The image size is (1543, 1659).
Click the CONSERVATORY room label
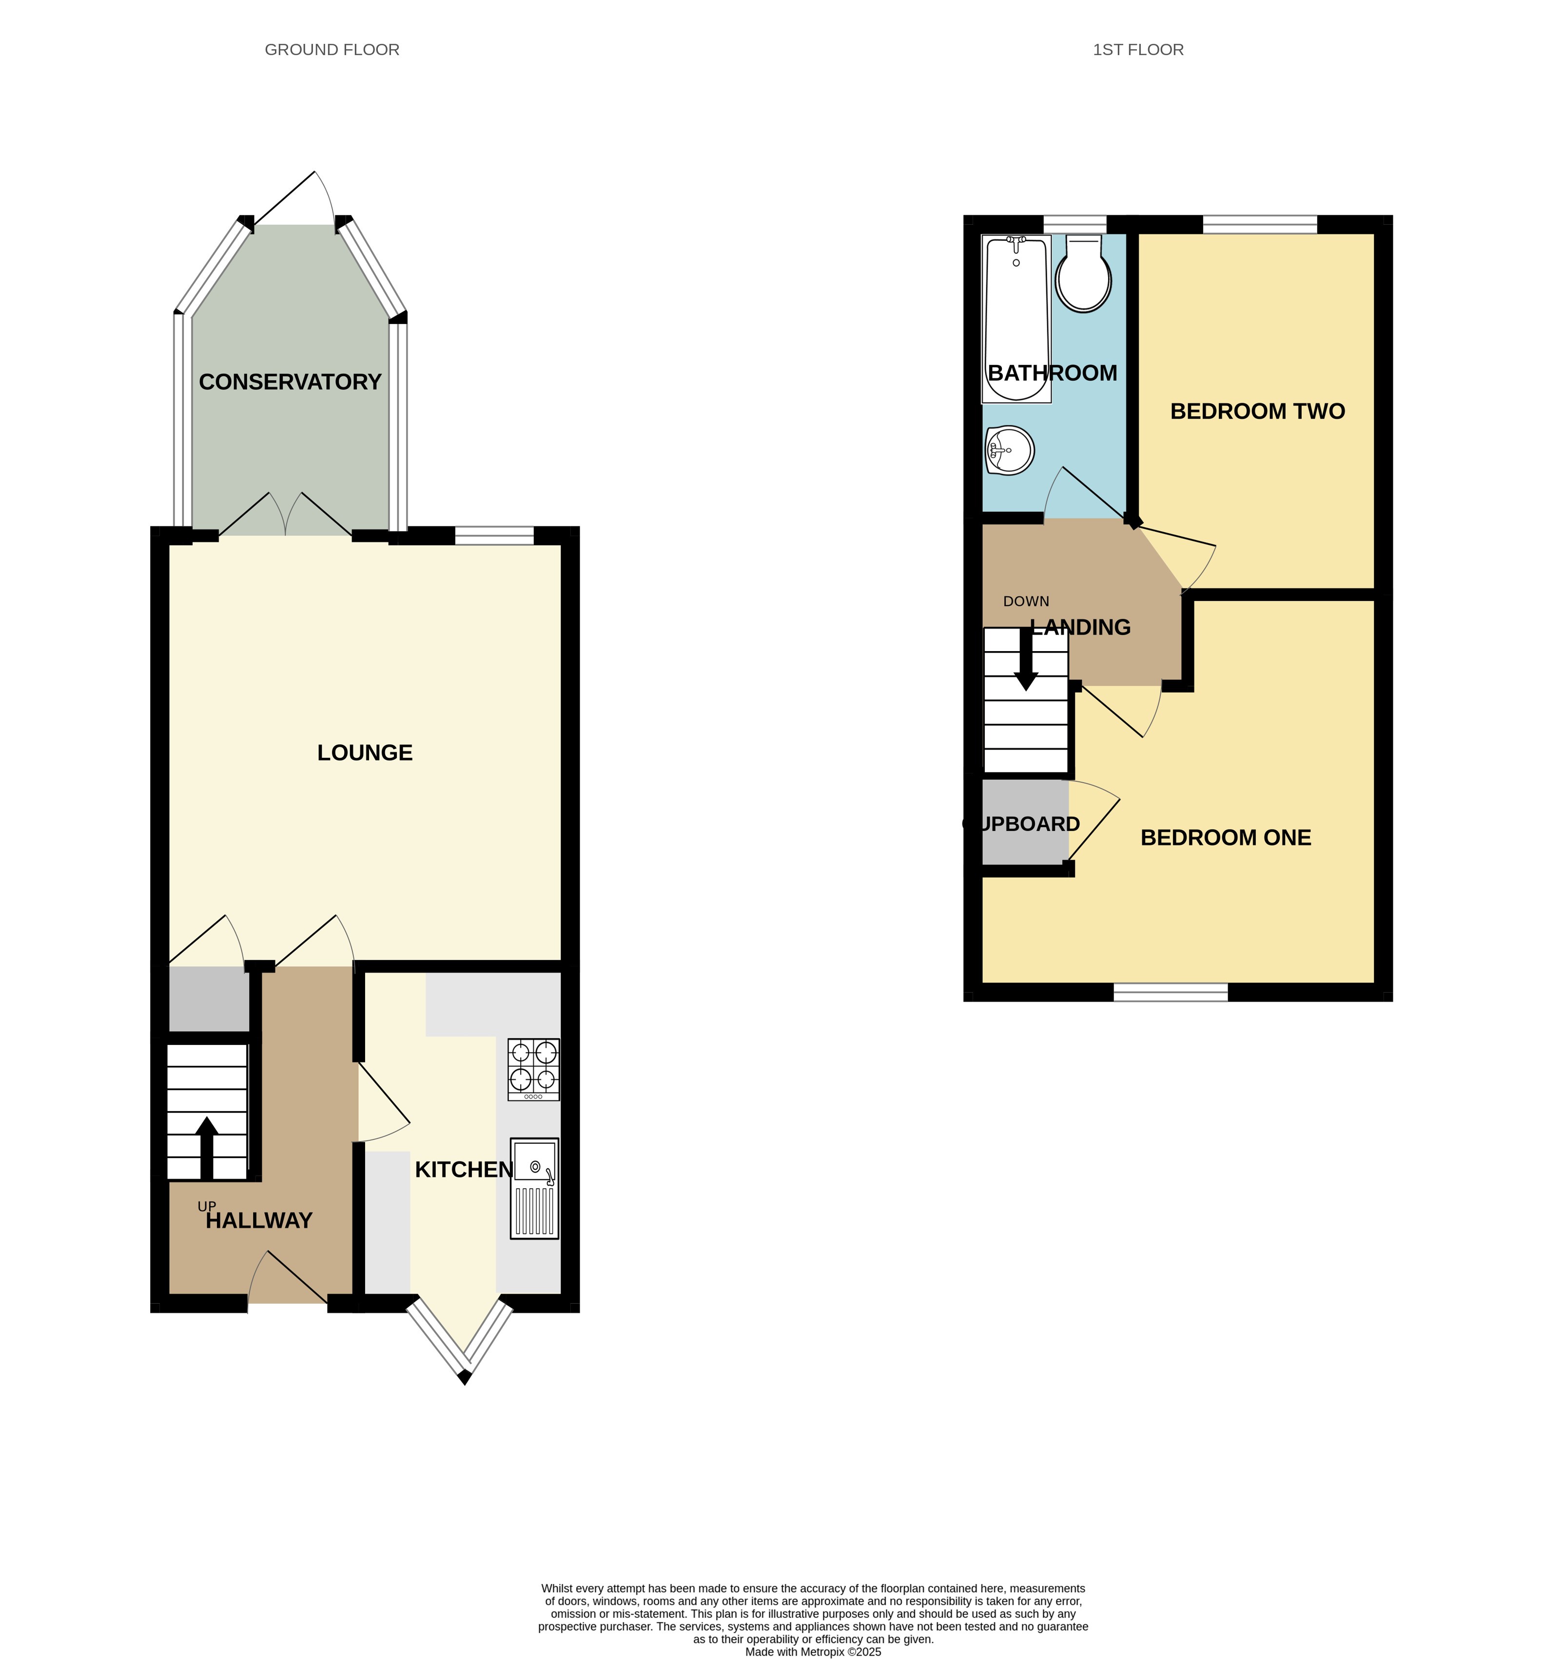click(290, 382)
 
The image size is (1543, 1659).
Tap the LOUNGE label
click(365, 752)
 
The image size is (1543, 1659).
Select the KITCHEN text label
click(464, 1170)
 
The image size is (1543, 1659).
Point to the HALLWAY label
click(259, 1221)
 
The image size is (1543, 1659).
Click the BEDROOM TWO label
click(1257, 411)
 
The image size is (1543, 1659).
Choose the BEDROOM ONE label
click(1226, 838)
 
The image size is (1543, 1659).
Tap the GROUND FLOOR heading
click(332, 50)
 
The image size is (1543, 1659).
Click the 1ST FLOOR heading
click(1138, 50)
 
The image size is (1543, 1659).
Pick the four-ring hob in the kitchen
click(533, 1069)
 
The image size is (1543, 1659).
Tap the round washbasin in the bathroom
click(1010, 451)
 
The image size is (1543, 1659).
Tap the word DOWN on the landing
click(1026, 602)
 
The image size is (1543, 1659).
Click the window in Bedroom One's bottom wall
click(1171, 992)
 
